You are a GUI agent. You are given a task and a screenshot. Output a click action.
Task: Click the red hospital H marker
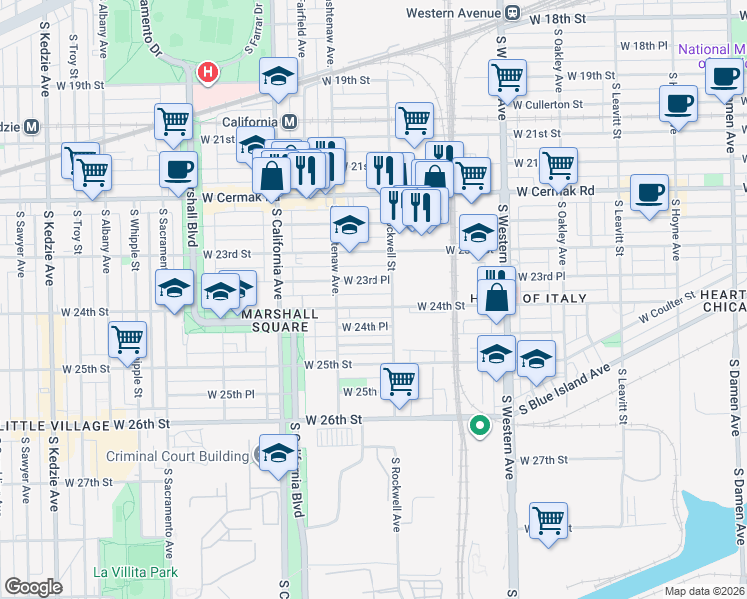[208, 72]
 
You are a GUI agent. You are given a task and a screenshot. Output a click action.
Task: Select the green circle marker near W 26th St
[480, 425]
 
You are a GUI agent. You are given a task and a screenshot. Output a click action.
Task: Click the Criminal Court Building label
[177, 457]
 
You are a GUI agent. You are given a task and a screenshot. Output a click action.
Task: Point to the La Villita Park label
[135, 572]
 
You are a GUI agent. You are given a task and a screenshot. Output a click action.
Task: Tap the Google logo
[33, 587]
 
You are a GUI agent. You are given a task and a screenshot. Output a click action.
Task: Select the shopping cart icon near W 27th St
[548, 520]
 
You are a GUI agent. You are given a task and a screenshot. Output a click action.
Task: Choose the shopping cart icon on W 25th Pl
[399, 380]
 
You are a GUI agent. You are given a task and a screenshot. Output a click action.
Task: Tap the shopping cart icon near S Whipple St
[127, 340]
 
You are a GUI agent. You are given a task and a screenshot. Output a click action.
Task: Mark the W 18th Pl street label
[643, 46]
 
